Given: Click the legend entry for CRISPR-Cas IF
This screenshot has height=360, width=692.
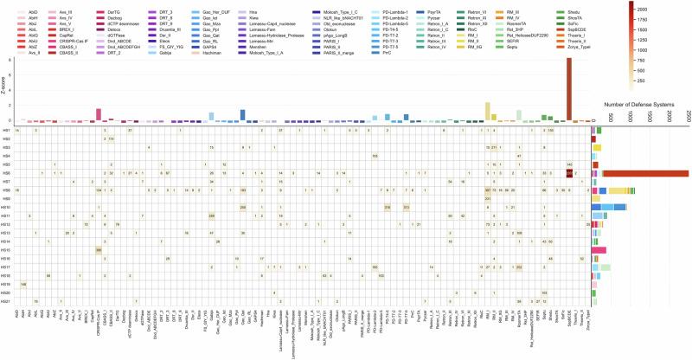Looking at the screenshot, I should [x=69, y=40].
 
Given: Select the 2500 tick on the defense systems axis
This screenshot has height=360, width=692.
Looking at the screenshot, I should [x=687, y=117].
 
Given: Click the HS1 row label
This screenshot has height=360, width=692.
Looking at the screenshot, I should [x=5, y=130].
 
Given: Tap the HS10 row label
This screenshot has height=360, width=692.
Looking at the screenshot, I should [x=5, y=207].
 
